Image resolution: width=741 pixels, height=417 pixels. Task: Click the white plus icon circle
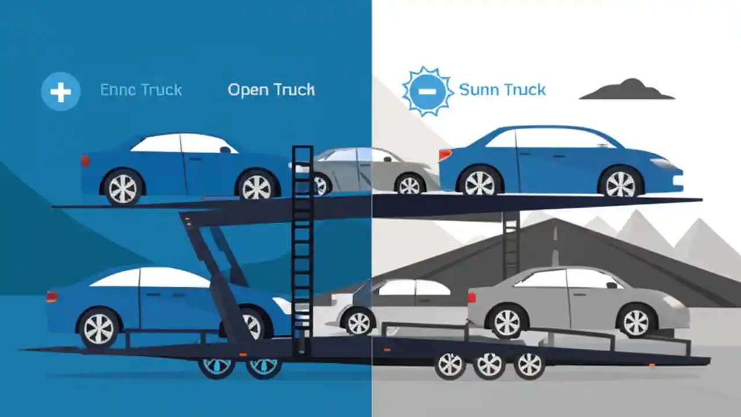61,92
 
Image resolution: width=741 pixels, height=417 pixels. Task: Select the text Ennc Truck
141,90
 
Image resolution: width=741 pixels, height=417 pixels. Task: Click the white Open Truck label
271,90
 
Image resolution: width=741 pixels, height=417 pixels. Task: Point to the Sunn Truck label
502,90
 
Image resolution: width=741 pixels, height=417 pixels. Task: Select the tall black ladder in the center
302,249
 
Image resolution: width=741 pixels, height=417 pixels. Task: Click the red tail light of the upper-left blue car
86,160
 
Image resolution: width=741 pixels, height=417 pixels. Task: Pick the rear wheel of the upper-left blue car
123,187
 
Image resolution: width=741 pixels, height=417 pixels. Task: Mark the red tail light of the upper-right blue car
445,154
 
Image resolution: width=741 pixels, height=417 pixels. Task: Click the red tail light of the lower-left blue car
52,297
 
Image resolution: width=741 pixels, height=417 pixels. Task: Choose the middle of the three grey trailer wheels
490,364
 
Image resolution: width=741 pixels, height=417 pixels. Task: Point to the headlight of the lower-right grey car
673,302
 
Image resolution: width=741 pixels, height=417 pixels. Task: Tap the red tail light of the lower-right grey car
471,297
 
